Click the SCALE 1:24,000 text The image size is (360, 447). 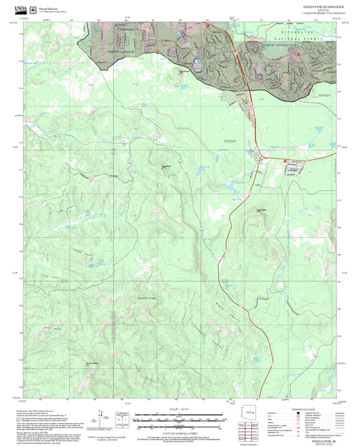point(180,409)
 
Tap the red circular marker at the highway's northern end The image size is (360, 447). point(208,26)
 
